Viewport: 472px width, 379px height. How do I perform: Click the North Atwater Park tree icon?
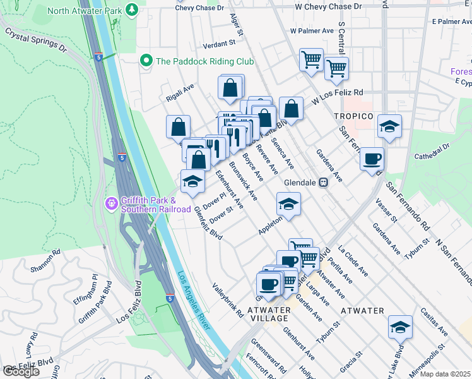tap(132, 9)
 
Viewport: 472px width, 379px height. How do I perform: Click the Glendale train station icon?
tap(323, 183)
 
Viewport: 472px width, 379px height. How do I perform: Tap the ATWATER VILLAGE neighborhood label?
tap(268, 314)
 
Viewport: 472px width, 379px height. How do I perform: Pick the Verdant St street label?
tap(219, 45)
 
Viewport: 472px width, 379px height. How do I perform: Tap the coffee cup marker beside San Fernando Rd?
tap(372, 158)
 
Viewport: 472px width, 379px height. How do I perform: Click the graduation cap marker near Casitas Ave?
tap(400, 327)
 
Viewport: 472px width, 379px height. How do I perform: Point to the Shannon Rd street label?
tap(49, 260)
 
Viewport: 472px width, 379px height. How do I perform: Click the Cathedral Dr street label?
tap(430, 151)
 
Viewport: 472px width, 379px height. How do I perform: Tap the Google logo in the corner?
tap(21, 372)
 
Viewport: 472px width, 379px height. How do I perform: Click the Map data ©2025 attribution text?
tap(444, 374)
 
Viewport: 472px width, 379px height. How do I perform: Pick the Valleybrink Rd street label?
tap(228, 299)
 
